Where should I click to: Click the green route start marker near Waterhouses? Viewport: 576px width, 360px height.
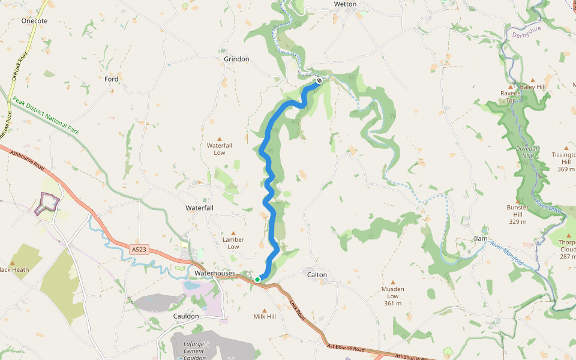coord(257,280)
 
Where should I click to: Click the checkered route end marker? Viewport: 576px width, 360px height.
coord(320,80)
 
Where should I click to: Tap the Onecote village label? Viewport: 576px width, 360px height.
coord(34,20)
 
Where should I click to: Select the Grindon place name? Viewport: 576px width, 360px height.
coord(236,59)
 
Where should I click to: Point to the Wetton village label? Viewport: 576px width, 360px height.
coord(345,4)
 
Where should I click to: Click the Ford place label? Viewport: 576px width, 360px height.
coord(112,79)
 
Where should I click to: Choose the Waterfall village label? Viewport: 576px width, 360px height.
coord(199,208)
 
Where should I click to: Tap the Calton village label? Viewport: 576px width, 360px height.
coord(317,275)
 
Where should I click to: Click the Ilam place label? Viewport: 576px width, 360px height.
coord(481,239)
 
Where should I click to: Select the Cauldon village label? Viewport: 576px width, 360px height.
coord(185,316)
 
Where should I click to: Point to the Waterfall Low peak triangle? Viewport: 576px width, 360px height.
coord(219,138)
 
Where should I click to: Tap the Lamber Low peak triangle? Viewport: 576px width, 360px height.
coord(233,232)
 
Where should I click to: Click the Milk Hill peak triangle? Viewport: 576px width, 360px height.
coord(264,310)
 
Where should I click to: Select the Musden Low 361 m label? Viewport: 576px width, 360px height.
coord(394,296)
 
